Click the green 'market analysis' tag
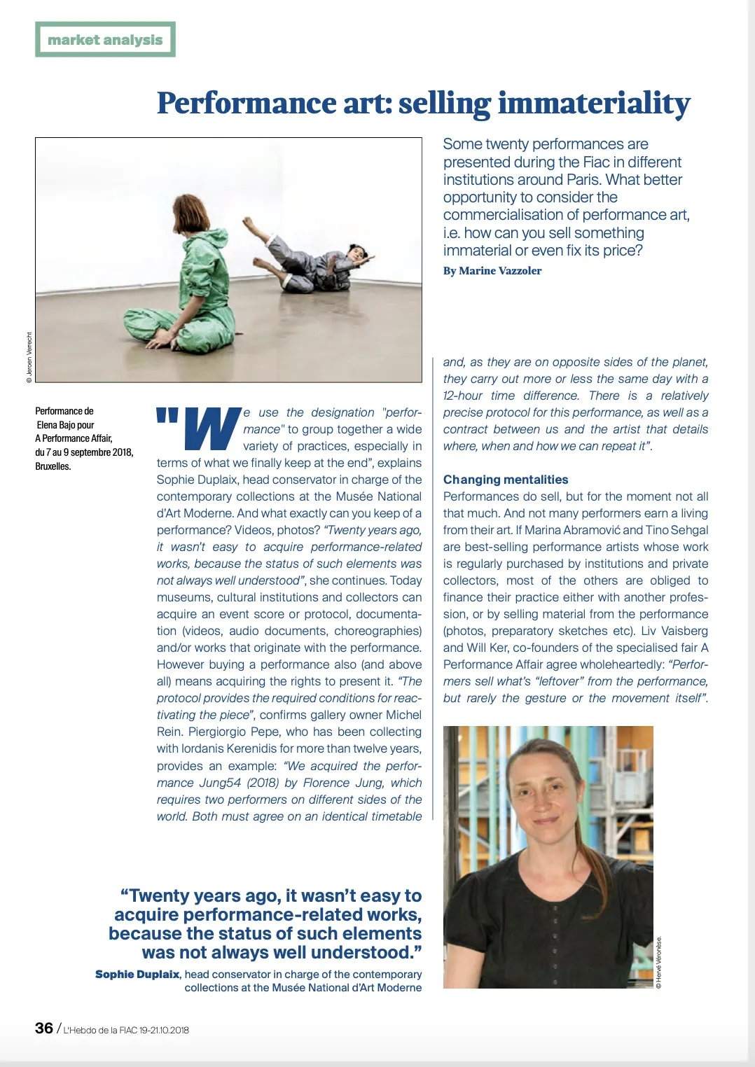click(105, 40)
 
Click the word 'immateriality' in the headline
click(594, 104)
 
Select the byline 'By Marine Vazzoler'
click(492, 271)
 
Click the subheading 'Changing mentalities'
click(506, 480)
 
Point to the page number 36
click(44, 1028)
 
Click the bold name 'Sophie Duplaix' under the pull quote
click(137, 974)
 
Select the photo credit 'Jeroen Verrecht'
click(29, 357)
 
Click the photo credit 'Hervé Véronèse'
click(659, 963)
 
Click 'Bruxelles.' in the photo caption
click(53, 466)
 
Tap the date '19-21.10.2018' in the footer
click(164, 1030)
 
